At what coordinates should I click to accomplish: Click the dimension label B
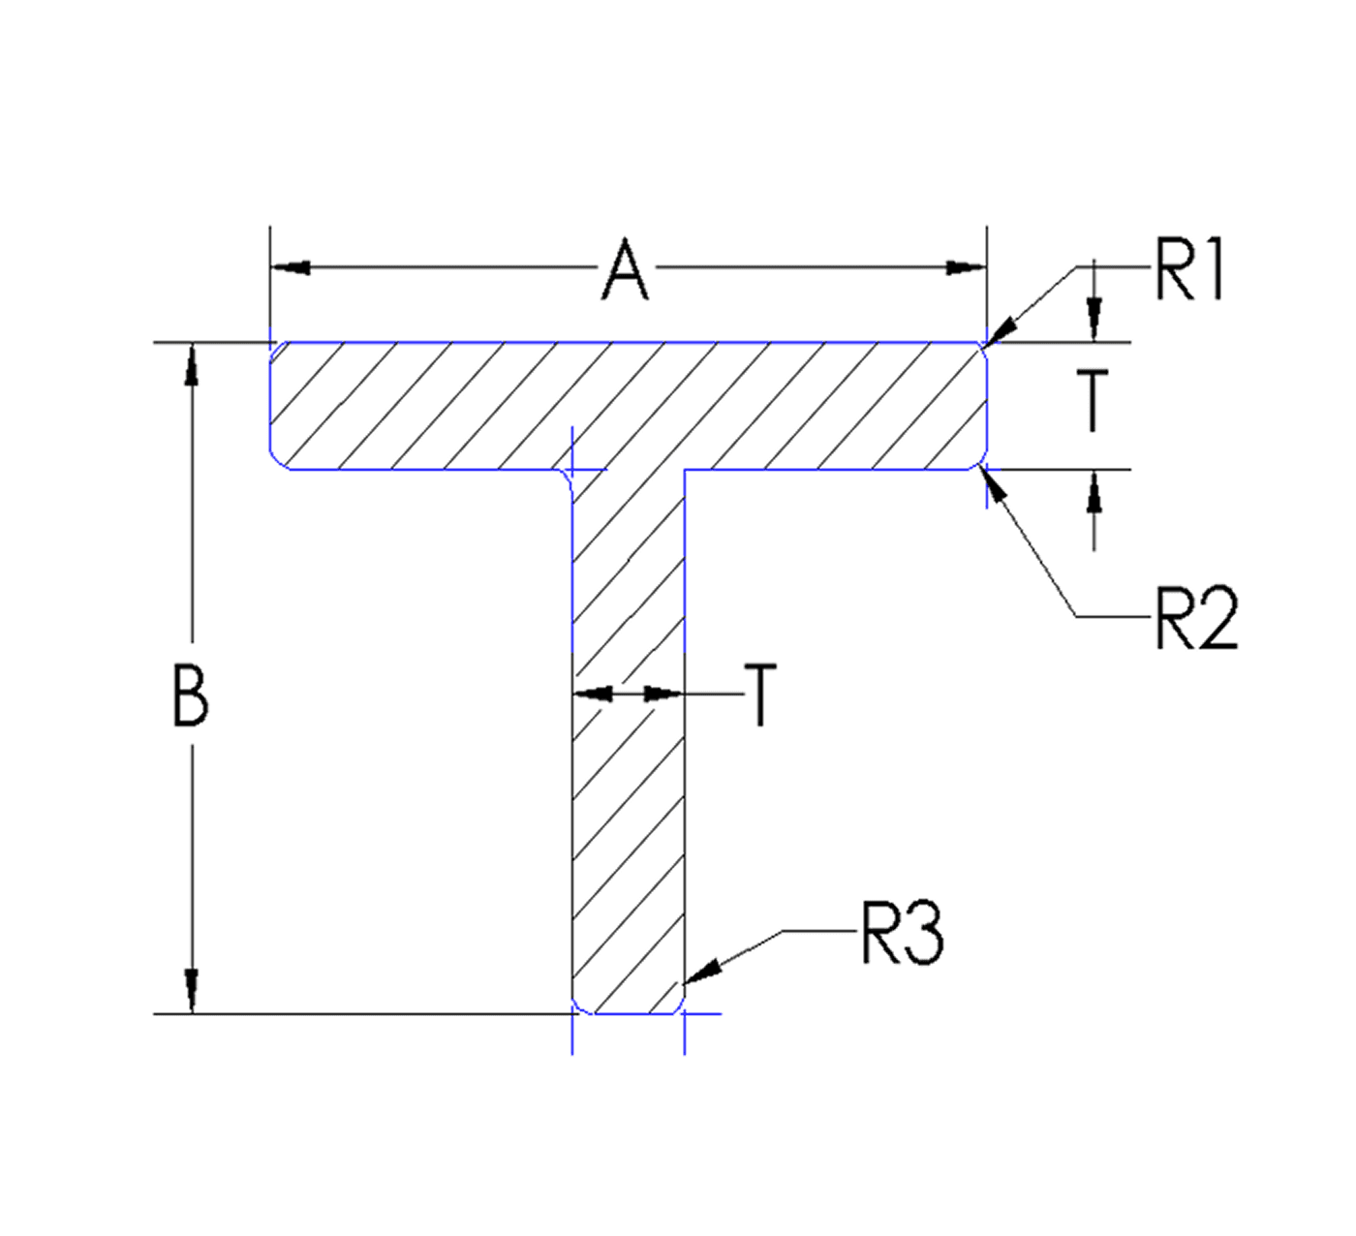coord(190,695)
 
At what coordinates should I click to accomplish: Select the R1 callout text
coord(1190,270)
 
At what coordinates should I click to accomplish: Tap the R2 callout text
coord(1196,617)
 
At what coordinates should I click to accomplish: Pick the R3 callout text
coord(902,933)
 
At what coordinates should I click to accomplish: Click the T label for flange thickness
coord(1094,400)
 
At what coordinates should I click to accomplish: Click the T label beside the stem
coord(761,695)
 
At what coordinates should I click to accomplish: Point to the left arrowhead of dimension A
coord(291,267)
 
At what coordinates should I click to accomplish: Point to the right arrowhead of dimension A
coord(966,267)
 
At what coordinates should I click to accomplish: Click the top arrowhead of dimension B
coord(192,365)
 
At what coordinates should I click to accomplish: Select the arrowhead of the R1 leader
coord(1002,330)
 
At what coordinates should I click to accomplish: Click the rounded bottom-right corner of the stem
coord(679,1007)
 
